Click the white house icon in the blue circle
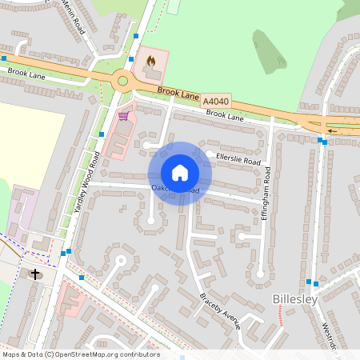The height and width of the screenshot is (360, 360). click(x=180, y=173)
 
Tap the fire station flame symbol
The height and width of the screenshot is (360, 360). click(x=150, y=60)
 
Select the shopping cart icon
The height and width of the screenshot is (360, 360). click(x=122, y=116)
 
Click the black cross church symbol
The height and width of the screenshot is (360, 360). click(x=35, y=274)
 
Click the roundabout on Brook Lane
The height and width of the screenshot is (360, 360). click(x=122, y=79)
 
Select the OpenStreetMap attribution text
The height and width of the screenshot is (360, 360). click(x=81, y=354)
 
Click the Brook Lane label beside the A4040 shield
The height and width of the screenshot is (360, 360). click(x=178, y=94)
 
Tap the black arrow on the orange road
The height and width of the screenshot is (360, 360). click(x=332, y=130)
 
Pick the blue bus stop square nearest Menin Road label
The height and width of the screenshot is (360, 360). click(x=137, y=36)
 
